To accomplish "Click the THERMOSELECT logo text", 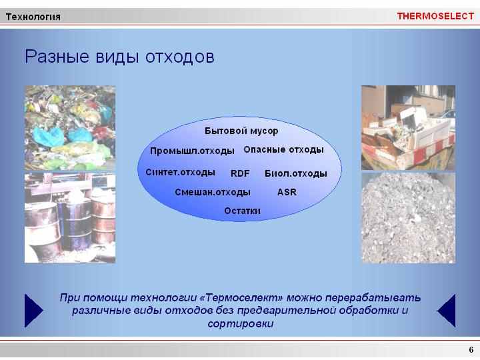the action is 435,16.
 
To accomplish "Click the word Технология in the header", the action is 33,17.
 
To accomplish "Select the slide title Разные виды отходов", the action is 119,57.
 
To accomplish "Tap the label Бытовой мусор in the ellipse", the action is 241,131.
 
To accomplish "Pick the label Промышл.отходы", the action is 192,151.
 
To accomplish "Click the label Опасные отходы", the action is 284,150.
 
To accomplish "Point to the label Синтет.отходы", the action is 180,173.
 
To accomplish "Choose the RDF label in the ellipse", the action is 240,173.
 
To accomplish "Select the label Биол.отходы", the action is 296,173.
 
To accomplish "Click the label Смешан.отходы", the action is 213,192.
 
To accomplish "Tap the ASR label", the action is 287,192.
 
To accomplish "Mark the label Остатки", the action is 242,211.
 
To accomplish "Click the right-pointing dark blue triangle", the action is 33,311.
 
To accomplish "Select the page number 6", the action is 471,349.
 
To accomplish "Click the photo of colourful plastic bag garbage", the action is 70,128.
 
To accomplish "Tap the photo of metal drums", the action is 70,218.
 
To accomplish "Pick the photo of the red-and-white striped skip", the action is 409,127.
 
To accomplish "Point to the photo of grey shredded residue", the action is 409,218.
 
